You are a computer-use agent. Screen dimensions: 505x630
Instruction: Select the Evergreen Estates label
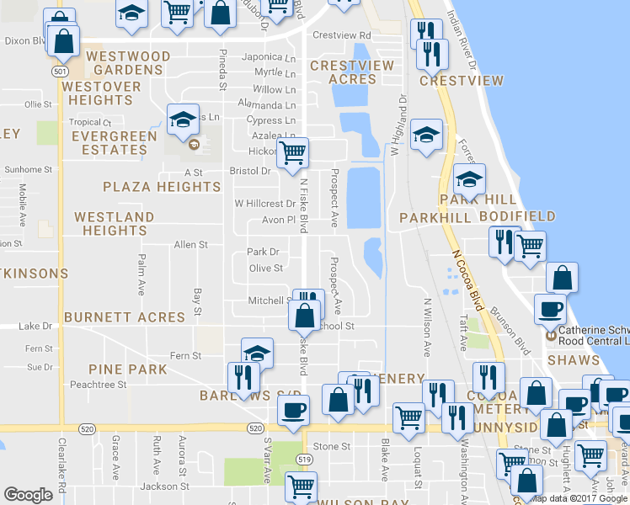pos(114,143)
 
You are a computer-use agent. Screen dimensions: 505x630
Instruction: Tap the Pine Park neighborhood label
pos(129,369)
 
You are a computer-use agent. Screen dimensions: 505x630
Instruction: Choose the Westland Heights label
pos(115,224)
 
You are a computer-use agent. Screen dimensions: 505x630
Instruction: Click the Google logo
pos(28,495)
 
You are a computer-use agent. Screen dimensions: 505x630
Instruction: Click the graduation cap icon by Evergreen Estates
pos(181,120)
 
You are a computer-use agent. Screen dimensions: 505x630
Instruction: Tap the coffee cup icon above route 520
pos(292,410)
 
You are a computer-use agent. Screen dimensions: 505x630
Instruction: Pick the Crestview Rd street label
pos(341,35)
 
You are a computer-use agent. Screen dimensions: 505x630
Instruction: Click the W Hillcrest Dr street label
pos(264,203)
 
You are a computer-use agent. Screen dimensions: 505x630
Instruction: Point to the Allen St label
pos(190,245)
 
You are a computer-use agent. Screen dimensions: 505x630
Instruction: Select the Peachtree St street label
pos(98,384)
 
